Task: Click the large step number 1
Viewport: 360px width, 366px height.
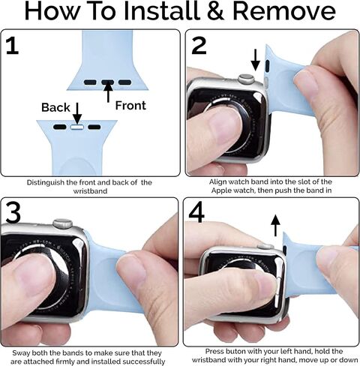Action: point(13,45)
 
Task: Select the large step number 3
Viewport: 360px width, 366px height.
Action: point(13,213)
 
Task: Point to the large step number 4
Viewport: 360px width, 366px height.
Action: point(196,213)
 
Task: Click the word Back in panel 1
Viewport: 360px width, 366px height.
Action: point(55,107)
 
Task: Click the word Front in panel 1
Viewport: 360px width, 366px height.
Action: point(130,106)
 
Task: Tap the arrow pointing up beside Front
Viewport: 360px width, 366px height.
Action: point(108,92)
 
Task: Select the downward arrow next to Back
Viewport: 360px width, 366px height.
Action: point(77,113)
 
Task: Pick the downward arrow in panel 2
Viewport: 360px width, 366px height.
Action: point(255,60)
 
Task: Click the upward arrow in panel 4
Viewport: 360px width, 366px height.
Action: point(275,225)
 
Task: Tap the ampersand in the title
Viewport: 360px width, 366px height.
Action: point(216,12)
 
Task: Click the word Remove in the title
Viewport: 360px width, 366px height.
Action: point(284,12)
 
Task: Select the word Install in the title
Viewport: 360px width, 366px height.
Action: point(162,11)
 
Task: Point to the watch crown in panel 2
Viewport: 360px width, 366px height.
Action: point(246,79)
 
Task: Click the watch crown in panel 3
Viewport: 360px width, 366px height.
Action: point(63,223)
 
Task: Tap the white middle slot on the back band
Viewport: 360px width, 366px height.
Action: point(77,127)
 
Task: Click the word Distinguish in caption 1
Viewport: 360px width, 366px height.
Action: point(46,182)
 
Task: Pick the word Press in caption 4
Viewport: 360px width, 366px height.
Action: point(214,352)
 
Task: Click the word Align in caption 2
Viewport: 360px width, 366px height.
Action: point(217,182)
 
